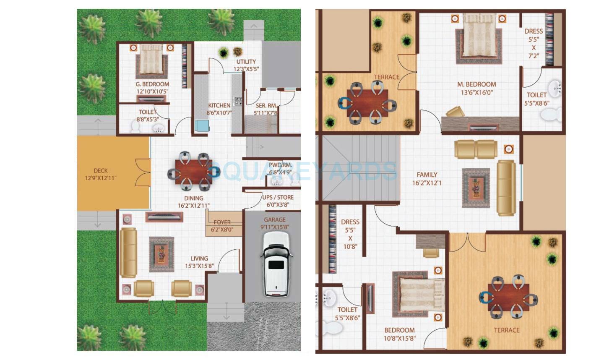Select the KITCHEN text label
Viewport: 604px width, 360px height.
coord(219,105)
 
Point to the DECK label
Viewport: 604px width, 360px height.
coord(101,170)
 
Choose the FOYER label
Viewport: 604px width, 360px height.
coord(222,222)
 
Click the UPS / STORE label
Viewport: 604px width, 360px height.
coord(278,197)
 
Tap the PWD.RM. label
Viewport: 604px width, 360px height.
coord(280,165)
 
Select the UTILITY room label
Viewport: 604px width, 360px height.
coord(246,62)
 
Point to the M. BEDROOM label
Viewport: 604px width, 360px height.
coord(476,84)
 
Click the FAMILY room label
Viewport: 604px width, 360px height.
coord(427,175)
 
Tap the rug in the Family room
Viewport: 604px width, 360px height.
coord(476,188)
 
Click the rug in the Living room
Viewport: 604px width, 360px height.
coord(161,254)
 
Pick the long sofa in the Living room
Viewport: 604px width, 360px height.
coord(128,253)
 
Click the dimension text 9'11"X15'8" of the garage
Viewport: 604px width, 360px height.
coord(274,227)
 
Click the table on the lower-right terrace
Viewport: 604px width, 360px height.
coord(508,297)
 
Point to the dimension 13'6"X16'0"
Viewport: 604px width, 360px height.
coord(476,93)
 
